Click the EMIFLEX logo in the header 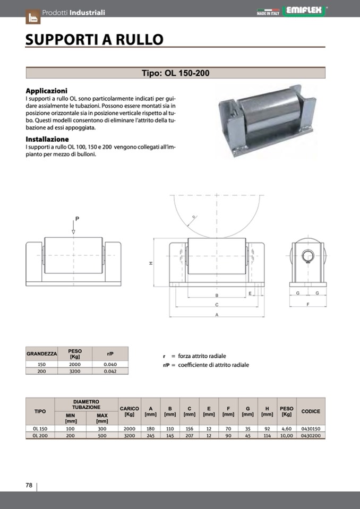305,10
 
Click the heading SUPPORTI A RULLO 94,40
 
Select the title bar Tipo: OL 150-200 175,73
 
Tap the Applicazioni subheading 46,91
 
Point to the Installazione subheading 47,139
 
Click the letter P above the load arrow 76,219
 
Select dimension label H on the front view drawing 151,264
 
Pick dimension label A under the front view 217,315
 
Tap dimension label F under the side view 308,304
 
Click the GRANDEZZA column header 41,353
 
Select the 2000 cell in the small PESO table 75,364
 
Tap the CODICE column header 311,411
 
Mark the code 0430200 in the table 311,435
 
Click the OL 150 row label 40,428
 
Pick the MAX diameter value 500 102,435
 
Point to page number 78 29,485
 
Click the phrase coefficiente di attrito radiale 213,365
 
